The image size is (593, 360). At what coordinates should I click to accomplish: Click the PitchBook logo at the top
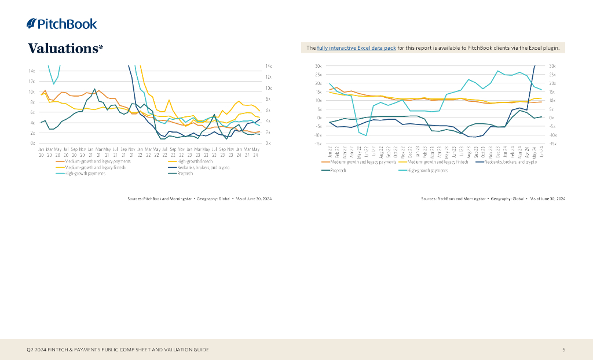coord(62,24)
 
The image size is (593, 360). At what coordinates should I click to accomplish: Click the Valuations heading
coord(65,48)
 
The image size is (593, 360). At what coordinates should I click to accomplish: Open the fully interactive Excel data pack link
coord(356,48)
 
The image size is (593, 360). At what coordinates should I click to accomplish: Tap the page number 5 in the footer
coord(563,350)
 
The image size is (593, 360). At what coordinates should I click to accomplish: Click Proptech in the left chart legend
coord(185,173)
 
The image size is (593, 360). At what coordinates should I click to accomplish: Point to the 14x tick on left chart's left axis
coord(31,71)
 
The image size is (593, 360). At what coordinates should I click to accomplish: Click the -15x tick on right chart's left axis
coord(317,144)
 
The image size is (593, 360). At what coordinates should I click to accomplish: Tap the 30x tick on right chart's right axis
coord(553,66)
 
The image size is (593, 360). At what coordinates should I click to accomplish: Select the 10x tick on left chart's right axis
coord(268,88)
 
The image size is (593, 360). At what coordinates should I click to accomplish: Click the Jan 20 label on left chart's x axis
coord(41,152)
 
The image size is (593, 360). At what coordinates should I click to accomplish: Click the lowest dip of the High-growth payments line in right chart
coord(366,136)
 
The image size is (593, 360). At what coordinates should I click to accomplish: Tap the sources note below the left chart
coord(199,199)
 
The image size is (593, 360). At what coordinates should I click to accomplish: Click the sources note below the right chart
coord(493,199)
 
